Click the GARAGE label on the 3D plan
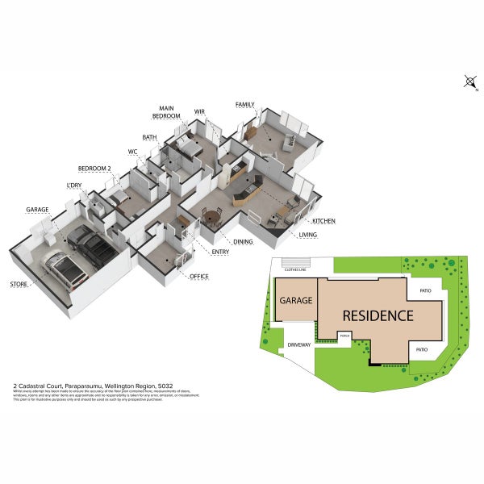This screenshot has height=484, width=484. tap(37, 210)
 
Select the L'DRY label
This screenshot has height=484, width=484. tap(74, 187)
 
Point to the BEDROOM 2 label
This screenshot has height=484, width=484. tap(94, 168)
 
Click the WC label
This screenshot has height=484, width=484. tap(133, 152)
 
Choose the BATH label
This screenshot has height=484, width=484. tap(149, 137)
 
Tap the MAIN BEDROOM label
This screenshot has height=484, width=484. tap(167, 112)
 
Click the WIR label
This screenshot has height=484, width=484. tap(199, 111)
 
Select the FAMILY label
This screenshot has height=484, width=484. tap(245, 105)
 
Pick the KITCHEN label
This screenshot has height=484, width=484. tap(323, 220)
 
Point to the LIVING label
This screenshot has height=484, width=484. tap(308, 235)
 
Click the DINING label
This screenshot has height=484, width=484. tap(243, 241)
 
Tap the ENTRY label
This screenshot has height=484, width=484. tap(220, 252)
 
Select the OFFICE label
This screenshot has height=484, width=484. tap(198, 277)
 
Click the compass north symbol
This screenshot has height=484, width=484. tap(470, 81)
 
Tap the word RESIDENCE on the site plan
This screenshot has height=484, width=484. tap(378, 315)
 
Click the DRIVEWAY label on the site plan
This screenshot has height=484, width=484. tap(298, 344)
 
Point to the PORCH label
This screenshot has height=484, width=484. tap(344, 336)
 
